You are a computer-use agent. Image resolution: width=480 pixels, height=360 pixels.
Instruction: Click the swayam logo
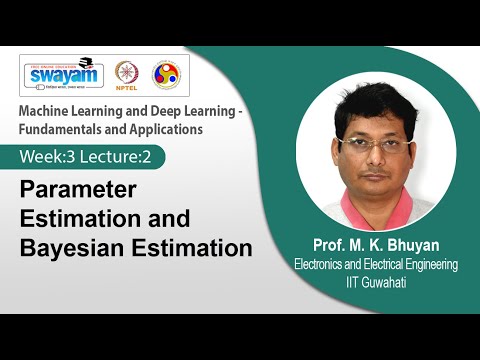[x=65, y=75]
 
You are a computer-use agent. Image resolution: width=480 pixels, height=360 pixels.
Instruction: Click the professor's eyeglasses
[x=374, y=141]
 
